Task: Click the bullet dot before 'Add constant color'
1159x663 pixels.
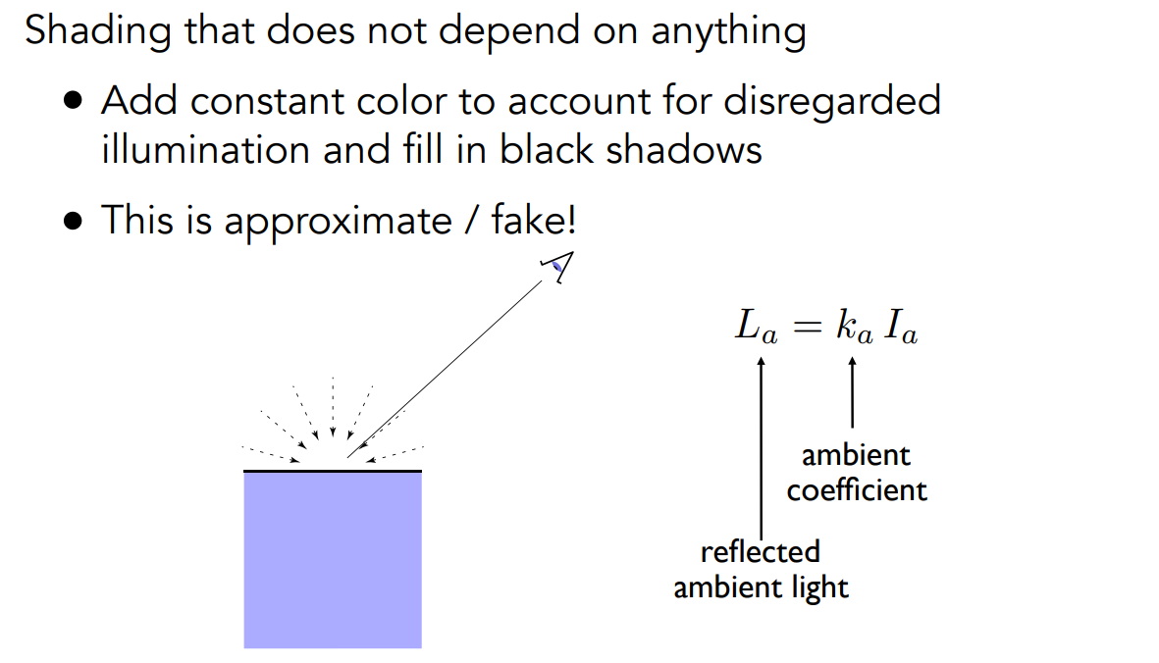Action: [75, 102]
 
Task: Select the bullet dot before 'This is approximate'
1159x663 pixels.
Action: [75, 221]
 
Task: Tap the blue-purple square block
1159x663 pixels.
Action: [333, 560]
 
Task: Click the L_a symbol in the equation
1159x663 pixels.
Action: [757, 328]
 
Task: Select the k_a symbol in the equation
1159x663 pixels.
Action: [852, 328]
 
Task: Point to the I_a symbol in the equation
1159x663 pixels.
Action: [902, 328]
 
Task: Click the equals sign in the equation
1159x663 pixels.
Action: [805, 328]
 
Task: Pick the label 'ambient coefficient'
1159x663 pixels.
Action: [857, 472]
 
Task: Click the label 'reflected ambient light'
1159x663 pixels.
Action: [761, 570]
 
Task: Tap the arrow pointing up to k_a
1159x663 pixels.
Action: [852, 392]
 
